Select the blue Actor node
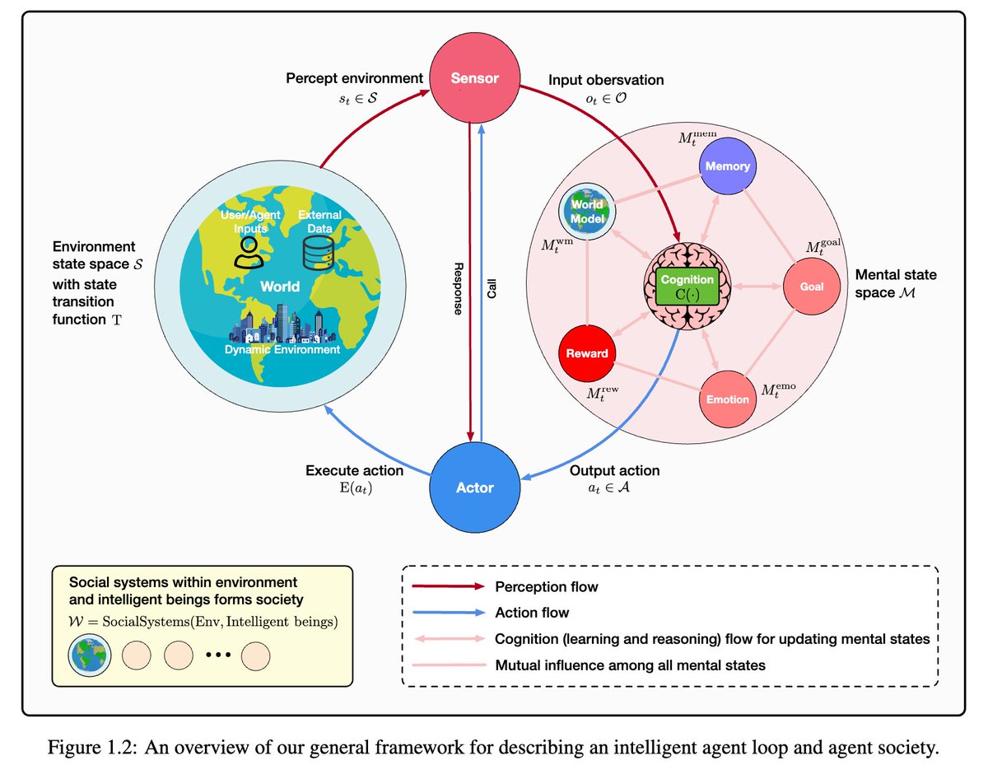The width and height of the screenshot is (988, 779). point(474,487)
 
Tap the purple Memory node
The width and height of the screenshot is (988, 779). point(727,166)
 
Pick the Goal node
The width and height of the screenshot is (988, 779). point(811,287)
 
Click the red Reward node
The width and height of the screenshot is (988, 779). point(586,352)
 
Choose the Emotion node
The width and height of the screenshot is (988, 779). point(728,399)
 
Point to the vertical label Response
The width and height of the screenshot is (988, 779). point(457,287)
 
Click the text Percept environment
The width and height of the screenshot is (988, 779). point(354,79)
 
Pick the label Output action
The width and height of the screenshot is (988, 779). point(614,471)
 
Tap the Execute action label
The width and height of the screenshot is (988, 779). point(354,471)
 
